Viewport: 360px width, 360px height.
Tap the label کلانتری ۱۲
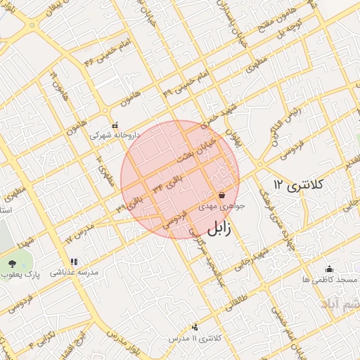coord(298,185)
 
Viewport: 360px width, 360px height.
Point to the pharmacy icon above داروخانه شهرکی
coord(115,125)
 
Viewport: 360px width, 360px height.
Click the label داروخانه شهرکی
coord(115,134)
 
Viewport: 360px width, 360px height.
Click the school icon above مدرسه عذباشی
coord(74,262)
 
